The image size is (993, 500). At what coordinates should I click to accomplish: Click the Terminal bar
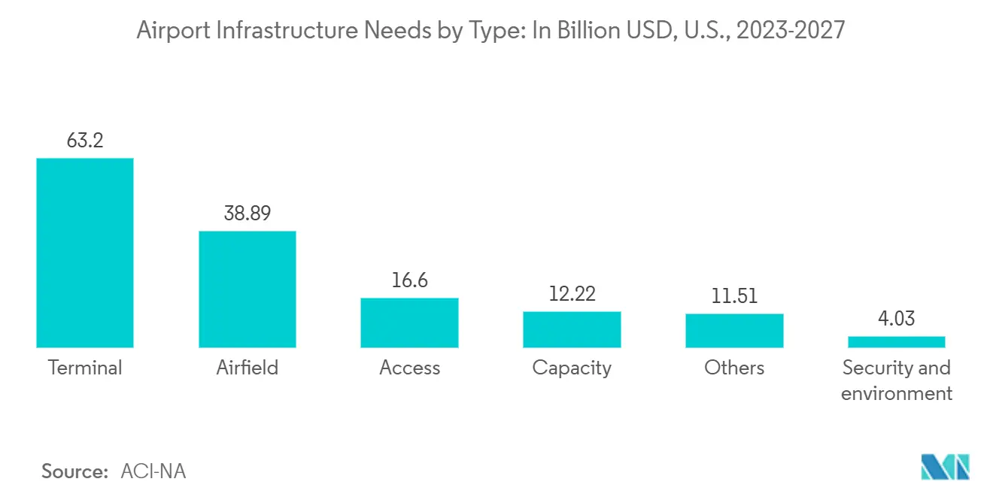coord(85,253)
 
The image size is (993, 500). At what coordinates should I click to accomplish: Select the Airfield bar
coord(247,289)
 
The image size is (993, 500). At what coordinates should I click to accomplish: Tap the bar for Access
coord(409,323)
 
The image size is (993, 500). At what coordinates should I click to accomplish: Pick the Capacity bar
coord(572,329)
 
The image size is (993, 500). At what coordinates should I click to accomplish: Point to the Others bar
coord(734,330)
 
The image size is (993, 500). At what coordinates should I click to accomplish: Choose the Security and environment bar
coord(896,342)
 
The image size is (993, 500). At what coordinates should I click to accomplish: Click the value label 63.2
coord(85,141)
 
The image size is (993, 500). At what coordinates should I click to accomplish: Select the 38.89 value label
coord(247,214)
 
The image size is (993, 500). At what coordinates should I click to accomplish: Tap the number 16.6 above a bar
coord(409,280)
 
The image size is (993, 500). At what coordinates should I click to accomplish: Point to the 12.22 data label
coord(572,294)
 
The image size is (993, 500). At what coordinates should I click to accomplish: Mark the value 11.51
coord(734,296)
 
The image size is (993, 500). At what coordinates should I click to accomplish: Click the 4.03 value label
coord(896,319)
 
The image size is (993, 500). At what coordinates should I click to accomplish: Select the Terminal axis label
coord(85,368)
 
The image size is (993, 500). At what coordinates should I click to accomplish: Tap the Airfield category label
coord(247,368)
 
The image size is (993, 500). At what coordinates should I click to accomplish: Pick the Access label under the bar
coord(409,368)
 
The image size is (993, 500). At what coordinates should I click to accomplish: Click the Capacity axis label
coord(572,368)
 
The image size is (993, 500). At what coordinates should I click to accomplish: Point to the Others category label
coord(734,368)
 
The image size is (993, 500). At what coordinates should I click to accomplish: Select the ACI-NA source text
coord(153,471)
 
